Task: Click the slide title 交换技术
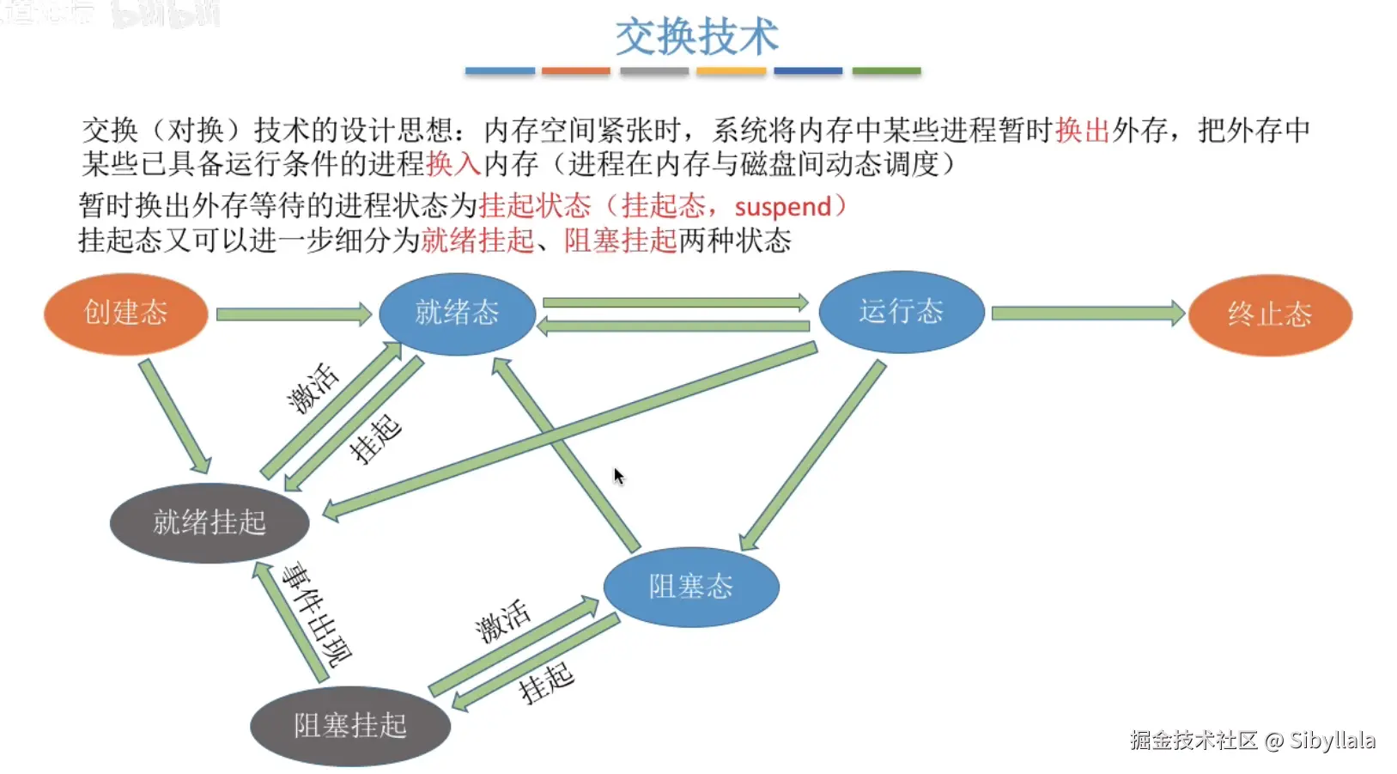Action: (x=696, y=37)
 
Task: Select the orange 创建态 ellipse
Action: (x=125, y=313)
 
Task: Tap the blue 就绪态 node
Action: (x=457, y=313)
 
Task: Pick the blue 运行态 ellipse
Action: (x=901, y=311)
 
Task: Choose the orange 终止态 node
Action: (x=1270, y=314)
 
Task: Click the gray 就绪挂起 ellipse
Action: (x=210, y=522)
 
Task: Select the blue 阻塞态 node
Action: (x=691, y=587)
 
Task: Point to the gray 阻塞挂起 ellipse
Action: (x=350, y=726)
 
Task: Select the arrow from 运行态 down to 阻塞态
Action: (x=812, y=455)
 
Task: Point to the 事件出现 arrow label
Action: (x=318, y=613)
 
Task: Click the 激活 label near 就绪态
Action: (x=313, y=387)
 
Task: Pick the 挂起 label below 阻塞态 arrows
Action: (x=546, y=684)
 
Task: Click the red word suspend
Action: (x=782, y=207)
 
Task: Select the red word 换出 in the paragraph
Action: (x=1083, y=131)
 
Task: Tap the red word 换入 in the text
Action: (x=453, y=164)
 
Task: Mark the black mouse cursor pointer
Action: (x=618, y=476)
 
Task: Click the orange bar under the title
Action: (x=575, y=71)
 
